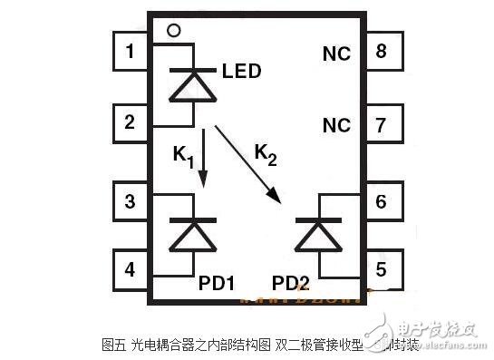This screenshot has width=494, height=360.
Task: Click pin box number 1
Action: click(131, 52)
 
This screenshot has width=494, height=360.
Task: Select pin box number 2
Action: click(131, 122)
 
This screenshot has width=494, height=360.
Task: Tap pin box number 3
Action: click(131, 200)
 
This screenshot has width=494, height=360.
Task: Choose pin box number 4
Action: click(131, 268)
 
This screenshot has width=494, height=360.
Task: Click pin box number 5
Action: click(382, 268)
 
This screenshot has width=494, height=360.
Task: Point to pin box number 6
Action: click(382, 200)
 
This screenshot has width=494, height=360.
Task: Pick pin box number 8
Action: click(382, 52)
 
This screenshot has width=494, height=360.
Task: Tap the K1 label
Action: click(182, 156)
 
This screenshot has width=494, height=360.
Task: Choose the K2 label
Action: click(266, 155)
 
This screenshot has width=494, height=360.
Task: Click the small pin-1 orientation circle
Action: click(174, 30)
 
